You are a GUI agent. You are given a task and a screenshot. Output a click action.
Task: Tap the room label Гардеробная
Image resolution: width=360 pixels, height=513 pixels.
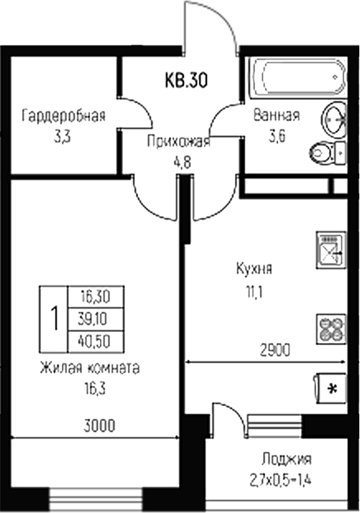tap(65, 116)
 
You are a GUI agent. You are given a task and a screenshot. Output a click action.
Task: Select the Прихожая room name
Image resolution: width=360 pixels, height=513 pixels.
tap(177, 142)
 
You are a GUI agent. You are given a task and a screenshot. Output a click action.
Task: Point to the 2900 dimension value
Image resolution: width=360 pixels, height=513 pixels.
tap(274, 351)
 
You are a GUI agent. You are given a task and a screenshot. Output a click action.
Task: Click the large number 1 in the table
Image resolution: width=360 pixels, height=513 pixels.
tap(53, 317)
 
